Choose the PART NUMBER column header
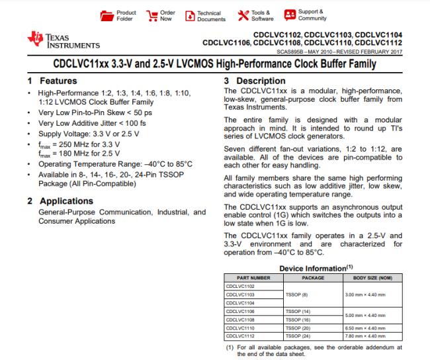tap(247, 278)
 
